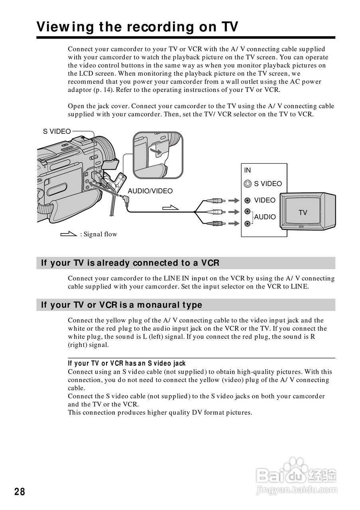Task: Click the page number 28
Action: pos(20,492)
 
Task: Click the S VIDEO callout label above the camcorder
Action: pos(57,131)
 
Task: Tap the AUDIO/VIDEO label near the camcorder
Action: pos(150,191)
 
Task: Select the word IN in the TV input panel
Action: pos(248,170)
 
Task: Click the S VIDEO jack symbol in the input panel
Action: pos(248,184)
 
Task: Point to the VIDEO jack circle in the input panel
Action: pos(248,200)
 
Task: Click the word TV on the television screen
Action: pos(303,213)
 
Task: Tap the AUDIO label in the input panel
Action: pos(265,217)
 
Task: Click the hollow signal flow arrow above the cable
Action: pos(171,207)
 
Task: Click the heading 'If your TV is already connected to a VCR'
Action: pos(130,263)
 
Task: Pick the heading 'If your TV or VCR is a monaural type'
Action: pos(122,305)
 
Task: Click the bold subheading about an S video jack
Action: pos(127,363)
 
